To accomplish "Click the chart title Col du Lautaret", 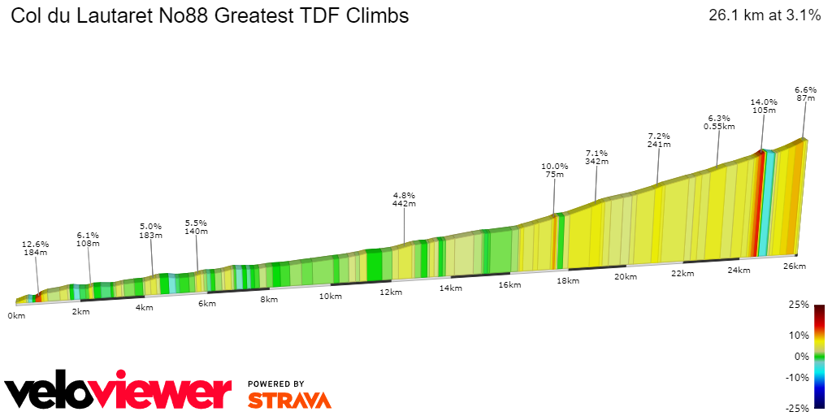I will point(210,15).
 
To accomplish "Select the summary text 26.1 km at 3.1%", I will point(764,15).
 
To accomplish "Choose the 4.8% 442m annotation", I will point(404,200).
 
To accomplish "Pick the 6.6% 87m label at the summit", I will point(805,93).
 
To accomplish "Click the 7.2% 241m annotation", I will point(658,140).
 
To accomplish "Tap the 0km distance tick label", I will point(16,315).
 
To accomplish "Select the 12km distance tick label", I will point(391,292).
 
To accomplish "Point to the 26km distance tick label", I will point(794,266).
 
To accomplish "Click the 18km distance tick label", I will point(567,281).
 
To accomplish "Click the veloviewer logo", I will point(119,392).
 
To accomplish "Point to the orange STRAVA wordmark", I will point(289,400).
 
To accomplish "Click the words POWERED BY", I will point(276,383).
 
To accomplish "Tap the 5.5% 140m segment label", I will point(197,227).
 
